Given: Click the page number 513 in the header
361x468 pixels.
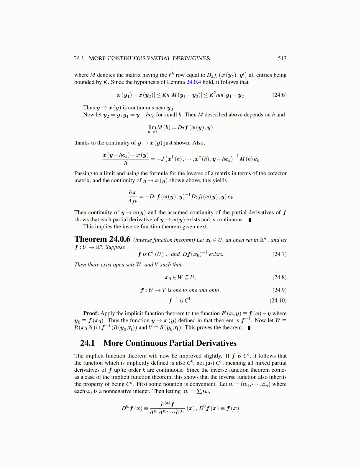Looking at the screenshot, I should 282,58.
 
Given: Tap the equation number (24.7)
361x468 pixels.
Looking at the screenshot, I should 279,254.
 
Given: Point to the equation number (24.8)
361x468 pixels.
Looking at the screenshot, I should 279,277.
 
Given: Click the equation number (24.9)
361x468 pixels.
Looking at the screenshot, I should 279,290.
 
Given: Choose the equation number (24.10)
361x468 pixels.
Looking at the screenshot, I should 278,301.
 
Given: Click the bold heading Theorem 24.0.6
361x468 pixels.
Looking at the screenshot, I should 102,239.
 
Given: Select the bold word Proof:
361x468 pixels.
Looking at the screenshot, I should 91,313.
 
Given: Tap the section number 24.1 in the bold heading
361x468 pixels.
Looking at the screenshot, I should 88,343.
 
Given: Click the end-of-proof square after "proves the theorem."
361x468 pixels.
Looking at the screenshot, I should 249,328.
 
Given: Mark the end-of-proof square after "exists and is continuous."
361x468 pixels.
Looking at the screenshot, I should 250,220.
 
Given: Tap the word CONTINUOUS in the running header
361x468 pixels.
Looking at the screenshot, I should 125,58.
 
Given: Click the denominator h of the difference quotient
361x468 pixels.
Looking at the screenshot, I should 126,163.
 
